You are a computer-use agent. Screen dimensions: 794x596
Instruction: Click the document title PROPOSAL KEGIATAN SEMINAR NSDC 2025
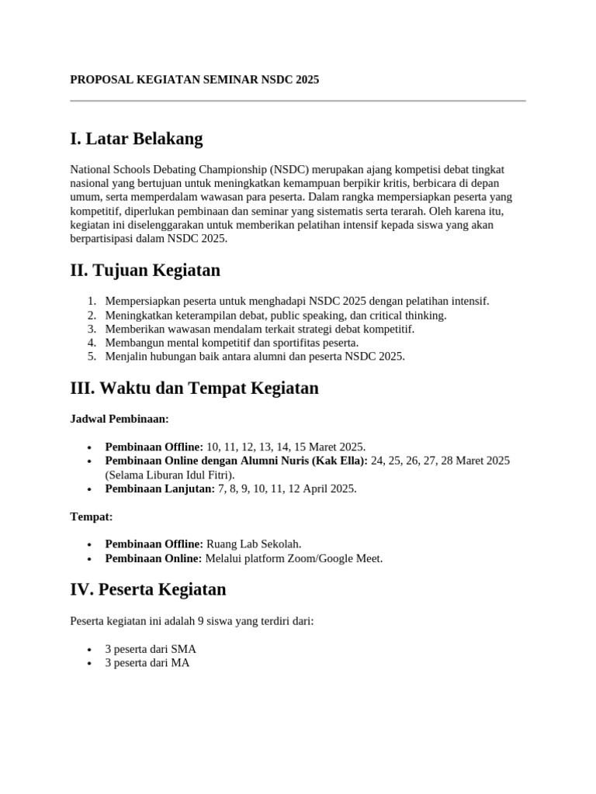click(194, 80)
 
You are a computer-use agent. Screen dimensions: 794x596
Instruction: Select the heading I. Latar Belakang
click(136, 140)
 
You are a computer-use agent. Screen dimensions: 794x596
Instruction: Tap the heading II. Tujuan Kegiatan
click(145, 271)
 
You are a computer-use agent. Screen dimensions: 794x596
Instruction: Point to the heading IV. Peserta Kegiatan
click(147, 589)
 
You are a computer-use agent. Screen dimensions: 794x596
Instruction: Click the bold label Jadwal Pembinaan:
click(119, 419)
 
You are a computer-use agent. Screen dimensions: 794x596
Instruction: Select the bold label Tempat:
click(92, 516)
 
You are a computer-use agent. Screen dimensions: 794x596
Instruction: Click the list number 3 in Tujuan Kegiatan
click(91, 329)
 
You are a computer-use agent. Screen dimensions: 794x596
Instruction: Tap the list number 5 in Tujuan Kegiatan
click(91, 357)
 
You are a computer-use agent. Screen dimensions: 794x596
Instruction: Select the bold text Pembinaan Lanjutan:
click(159, 488)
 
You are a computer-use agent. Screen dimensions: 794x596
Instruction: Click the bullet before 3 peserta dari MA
click(91, 664)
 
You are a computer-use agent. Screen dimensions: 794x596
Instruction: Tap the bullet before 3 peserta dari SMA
click(91, 650)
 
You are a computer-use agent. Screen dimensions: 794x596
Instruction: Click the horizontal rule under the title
click(298, 101)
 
